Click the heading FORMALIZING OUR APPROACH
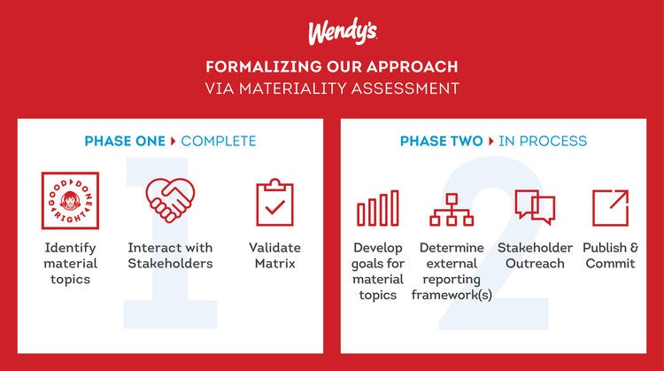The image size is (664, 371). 332,67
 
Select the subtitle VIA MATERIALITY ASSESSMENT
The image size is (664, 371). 332,88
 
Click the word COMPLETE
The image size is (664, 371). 219,141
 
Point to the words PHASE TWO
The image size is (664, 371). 441,141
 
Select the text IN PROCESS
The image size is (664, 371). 543,141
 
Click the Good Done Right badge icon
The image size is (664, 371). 70,201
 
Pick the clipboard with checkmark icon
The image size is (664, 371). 274,203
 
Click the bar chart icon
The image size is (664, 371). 378,209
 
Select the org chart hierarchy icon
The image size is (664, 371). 452,209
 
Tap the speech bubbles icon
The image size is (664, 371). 535,207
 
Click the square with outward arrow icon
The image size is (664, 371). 609,207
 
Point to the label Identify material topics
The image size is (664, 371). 70,263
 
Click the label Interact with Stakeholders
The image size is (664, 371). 171,255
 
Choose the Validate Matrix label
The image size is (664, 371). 274,255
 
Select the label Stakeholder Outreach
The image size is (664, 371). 535,255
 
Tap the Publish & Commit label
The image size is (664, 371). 610,255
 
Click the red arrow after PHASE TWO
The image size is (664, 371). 491,141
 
